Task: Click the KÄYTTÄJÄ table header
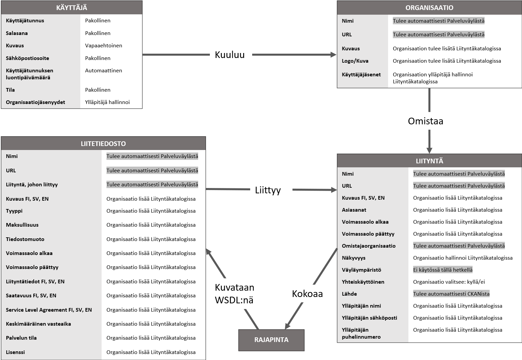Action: click(72, 7)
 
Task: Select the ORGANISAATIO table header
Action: click(429, 8)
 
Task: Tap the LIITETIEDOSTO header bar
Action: click(103, 143)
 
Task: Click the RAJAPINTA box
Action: click(271, 340)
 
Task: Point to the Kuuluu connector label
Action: click(230, 55)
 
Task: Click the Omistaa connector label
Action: click(425, 121)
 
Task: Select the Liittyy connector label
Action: click(268, 190)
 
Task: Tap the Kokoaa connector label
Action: click(307, 294)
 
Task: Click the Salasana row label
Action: click(17, 33)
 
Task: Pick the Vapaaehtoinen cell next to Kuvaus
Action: click(104, 45)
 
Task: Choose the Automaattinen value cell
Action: click(104, 70)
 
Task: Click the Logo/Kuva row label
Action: click(355, 61)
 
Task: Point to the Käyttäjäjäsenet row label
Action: click(361, 75)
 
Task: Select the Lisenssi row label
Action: click(15, 352)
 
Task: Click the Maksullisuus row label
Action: click(22, 225)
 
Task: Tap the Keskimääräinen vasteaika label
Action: click(38, 324)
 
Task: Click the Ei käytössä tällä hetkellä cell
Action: click(443, 270)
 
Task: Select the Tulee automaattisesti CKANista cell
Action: click(451, 294)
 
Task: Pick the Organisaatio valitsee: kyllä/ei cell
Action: click(449, 282)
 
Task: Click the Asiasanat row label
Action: click(354, 210)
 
